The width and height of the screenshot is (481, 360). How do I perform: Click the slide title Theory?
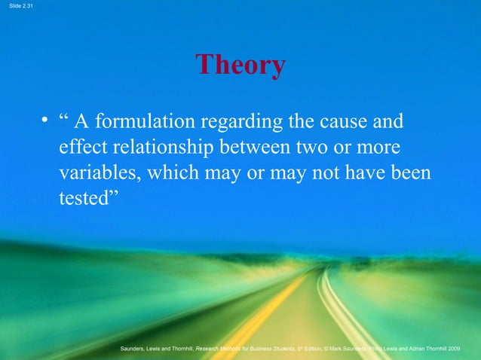click(240, 66)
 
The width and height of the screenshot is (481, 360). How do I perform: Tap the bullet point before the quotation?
click(45, 122)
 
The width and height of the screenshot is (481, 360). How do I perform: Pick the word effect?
click(83, 147)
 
